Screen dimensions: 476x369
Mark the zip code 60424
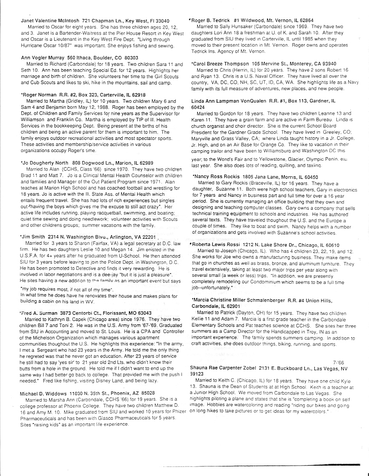coord(198,107)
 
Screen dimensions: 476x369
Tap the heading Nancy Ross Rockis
coord(216,177)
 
